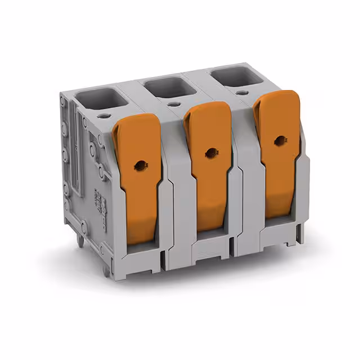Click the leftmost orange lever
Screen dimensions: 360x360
click(138, 169)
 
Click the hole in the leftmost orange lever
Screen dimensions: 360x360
click(138, 165)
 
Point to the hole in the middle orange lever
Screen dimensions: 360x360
click(210, 151)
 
